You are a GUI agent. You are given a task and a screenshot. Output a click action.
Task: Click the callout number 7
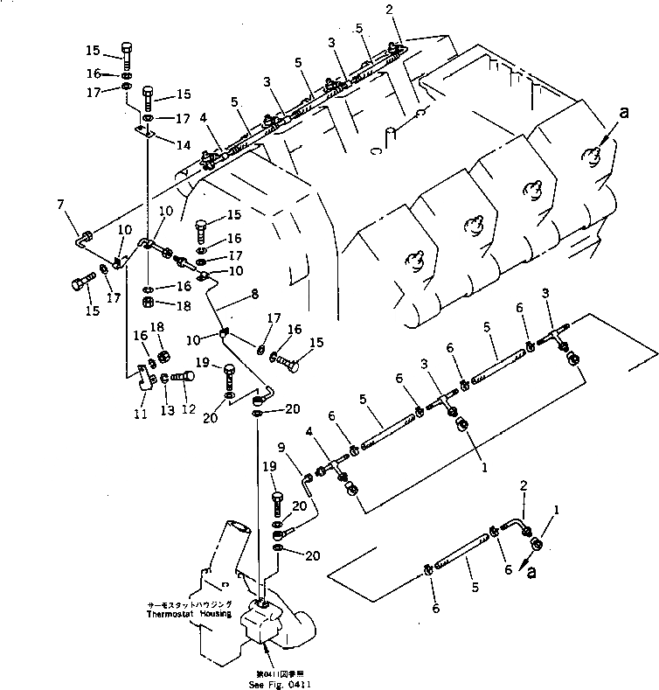click(60, 205)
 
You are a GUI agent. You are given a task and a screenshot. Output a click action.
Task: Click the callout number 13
click(164, 409)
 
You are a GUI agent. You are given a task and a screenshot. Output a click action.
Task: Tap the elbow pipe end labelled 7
click(82, 235)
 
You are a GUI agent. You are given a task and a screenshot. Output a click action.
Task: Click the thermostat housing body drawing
click(262, 625)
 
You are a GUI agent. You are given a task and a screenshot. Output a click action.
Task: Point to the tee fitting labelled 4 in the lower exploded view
click(332, 470)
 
